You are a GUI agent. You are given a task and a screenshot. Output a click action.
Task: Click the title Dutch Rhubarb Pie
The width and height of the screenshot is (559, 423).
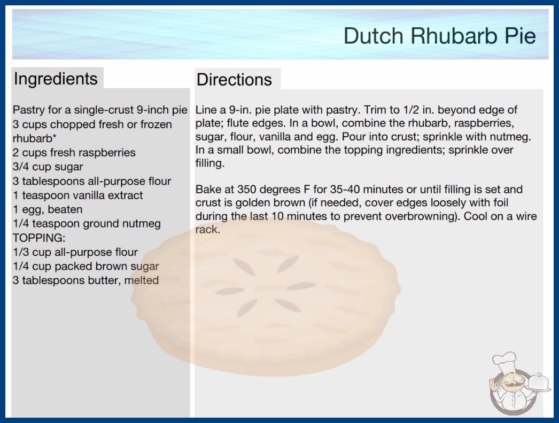coord(440,36)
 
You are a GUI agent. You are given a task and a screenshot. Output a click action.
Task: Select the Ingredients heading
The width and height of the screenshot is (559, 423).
coord(56,79)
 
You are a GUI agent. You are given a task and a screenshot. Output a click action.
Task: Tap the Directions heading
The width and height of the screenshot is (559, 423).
coord(234,80)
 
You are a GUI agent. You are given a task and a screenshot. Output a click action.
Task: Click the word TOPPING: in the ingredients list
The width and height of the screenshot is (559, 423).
coord(39,238)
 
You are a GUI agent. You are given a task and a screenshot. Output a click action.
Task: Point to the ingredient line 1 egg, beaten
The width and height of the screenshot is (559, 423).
coord(48,209)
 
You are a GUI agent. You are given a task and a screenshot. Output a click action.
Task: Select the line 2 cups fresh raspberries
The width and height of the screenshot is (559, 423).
coord(74,153)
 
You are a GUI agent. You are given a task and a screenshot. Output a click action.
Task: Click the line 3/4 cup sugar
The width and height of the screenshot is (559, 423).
coord(48,167)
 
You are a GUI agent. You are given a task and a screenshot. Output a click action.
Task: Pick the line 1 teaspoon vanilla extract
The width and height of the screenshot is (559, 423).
coord(77,195)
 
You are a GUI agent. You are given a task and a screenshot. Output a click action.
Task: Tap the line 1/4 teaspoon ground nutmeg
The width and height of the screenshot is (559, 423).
coord(87,224)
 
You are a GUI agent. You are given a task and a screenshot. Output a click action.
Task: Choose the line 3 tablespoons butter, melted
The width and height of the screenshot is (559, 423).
coord(86,280)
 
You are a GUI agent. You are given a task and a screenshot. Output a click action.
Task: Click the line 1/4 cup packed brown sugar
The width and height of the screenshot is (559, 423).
coord(86,266)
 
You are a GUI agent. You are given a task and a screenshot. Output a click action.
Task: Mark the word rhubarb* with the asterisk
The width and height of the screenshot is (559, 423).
coord(35,138)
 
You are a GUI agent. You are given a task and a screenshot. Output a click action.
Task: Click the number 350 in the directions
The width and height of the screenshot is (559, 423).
coord(249,189)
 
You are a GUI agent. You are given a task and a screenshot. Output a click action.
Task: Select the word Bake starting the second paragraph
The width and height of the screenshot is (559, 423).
coord(208,189)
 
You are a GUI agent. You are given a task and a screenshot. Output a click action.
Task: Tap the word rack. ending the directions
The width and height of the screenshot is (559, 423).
coord(207,230)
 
